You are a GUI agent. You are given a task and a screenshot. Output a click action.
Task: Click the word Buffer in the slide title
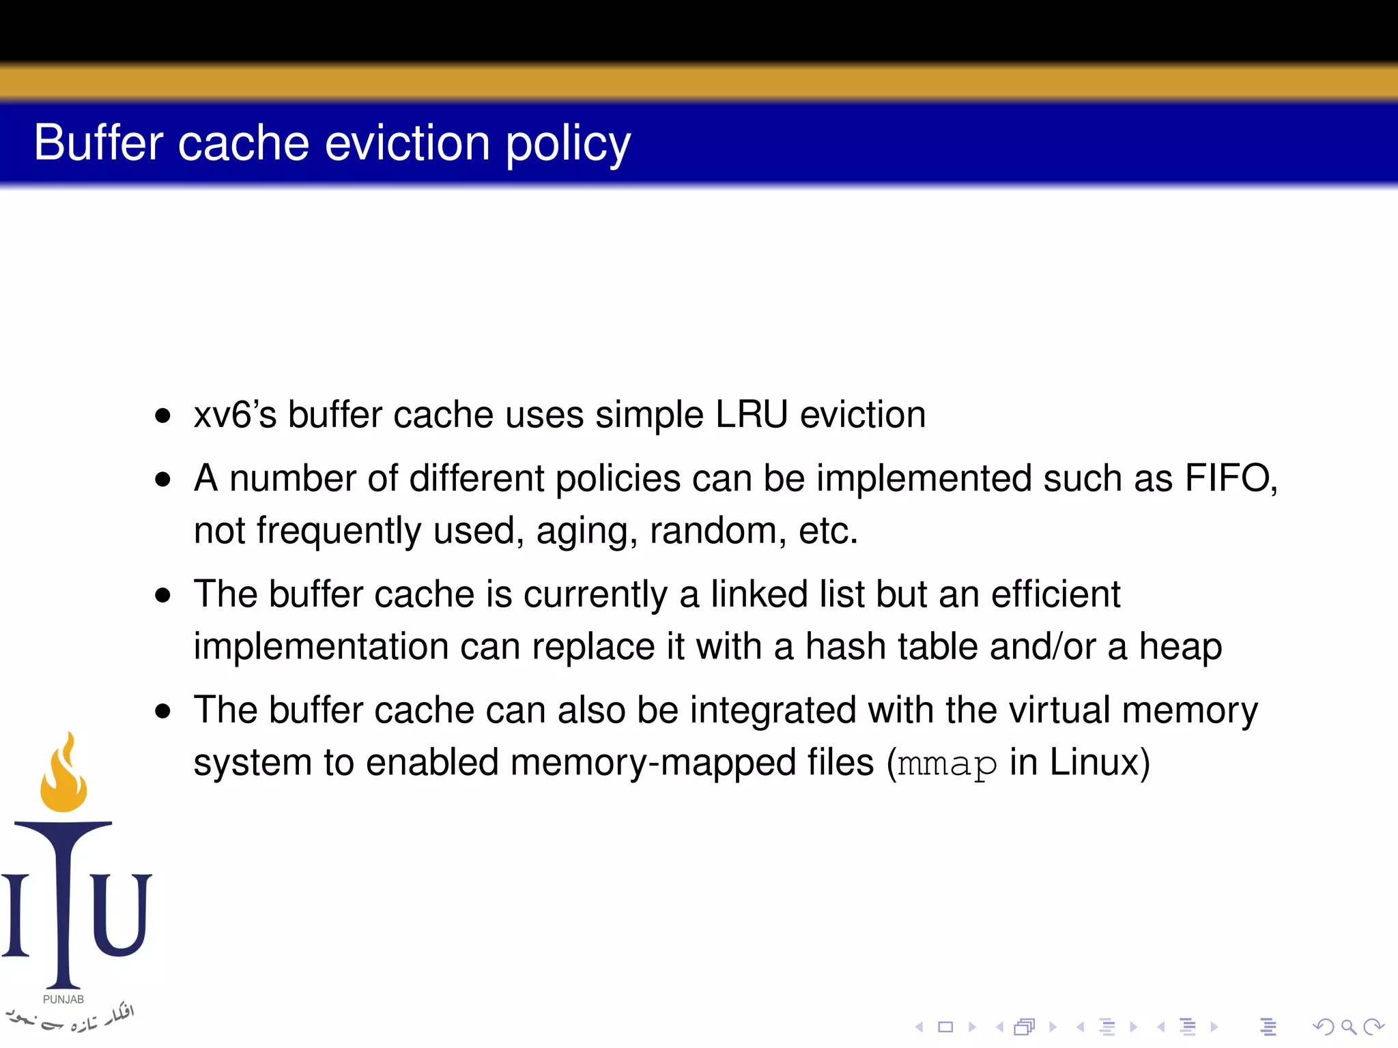pos(98,143)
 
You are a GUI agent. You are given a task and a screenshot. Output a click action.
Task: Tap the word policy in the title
pos(568,145)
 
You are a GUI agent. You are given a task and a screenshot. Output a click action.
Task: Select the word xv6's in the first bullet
pos(235,415)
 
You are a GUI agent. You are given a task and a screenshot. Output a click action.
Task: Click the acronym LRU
pos(752,415)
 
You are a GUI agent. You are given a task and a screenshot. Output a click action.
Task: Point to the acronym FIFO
pos(1229,478)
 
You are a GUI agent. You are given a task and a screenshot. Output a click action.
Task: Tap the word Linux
pos(1094,762)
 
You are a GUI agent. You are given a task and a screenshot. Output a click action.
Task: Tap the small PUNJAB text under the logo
pos(63,1000)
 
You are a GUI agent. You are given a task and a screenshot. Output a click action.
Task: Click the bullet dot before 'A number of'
pos(162,478)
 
